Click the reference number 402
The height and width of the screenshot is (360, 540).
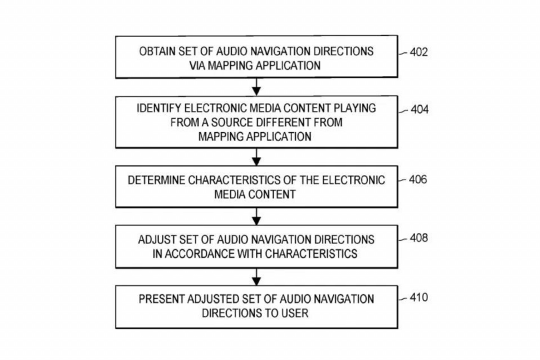coord(418,52)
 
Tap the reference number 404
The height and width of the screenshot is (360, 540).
coord(420,110)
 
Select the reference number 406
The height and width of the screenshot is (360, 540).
coord(418,179)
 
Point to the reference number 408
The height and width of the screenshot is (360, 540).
coord(418,238)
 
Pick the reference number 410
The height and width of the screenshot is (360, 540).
coord(418,298)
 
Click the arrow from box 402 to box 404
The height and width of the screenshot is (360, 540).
coord(256,87)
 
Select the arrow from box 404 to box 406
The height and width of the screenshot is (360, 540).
coord(256,157)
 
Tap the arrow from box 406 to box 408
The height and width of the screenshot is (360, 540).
coord(256,217)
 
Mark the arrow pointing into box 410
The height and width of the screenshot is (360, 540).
coord(256,277)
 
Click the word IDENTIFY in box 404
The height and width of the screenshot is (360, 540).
coord(159,108)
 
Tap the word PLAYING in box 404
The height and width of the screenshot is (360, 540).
coord(355,108)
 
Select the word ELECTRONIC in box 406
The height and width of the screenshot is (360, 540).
coord(353,180)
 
